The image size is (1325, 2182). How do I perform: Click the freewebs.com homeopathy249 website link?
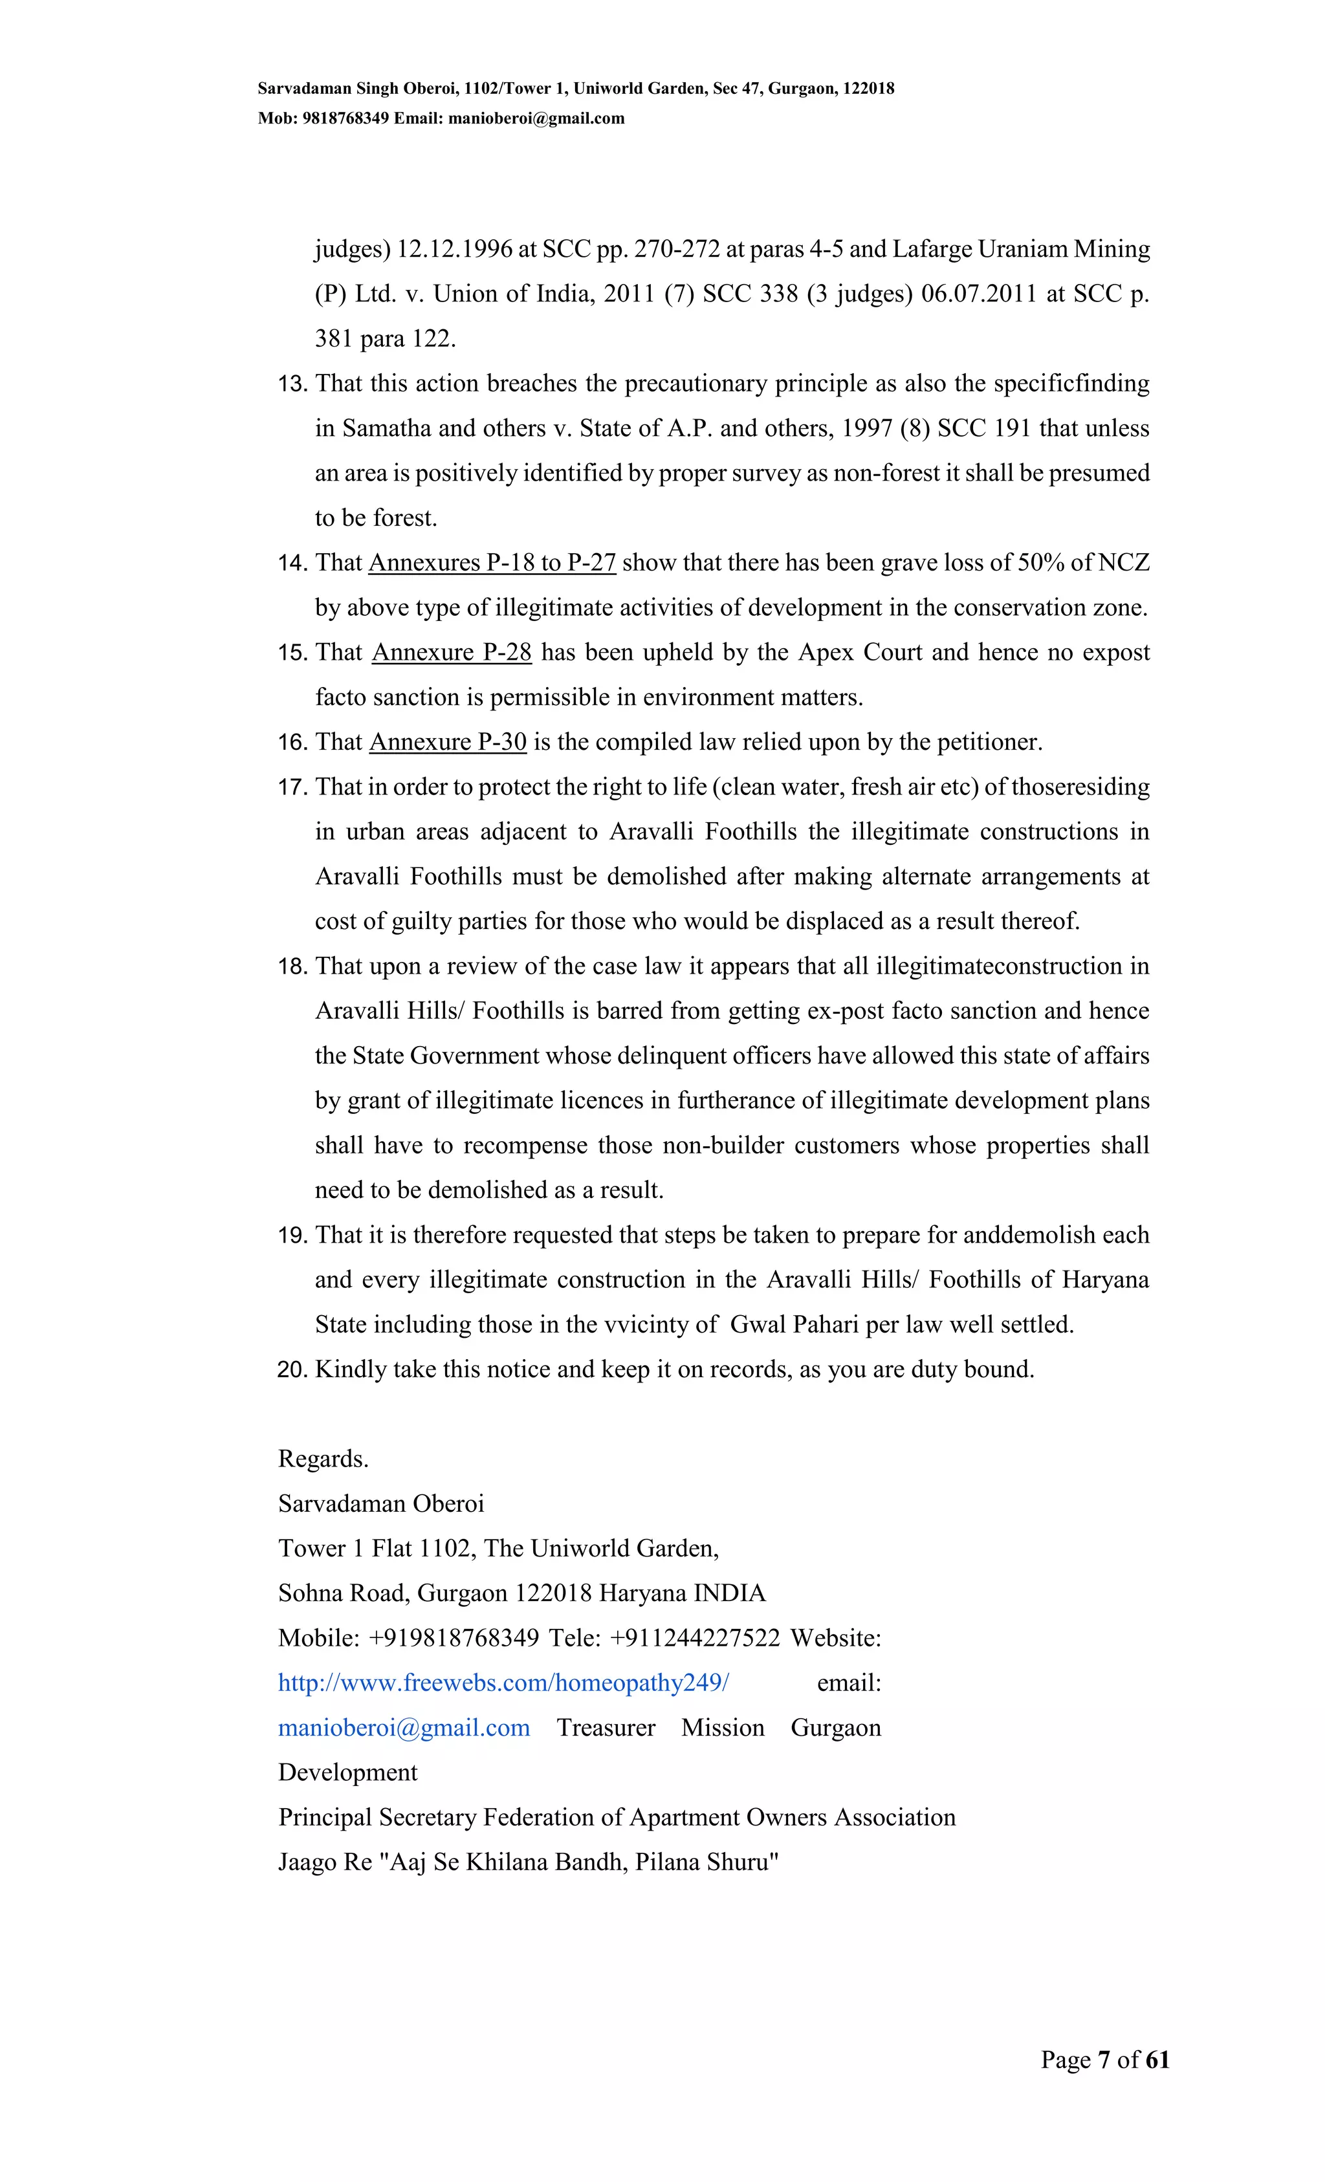[x=503, y=1683]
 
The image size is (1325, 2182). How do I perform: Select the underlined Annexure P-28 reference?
[x=452, y=653]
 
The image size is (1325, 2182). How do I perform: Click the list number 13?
[x=292, y=384]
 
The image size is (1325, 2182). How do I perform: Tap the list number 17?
[x=292, y=787]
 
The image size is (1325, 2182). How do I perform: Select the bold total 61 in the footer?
[x=1157, y=2060]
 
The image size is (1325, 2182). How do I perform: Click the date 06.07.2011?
[x=979, y=294]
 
